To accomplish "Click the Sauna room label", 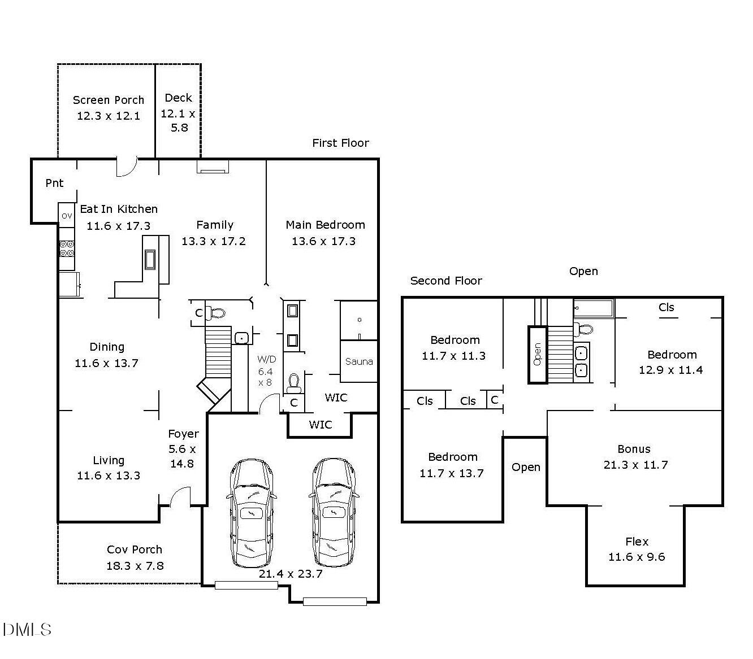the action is point(358,361).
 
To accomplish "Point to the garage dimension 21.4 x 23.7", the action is point(290,574).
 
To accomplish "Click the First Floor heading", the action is point(340,143).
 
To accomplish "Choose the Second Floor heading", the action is point(446,281).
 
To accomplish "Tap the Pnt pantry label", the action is point(54,183).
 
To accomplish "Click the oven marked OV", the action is point(67,215).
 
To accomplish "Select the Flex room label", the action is point(637,542).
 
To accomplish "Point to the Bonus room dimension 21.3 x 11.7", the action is point(635,465).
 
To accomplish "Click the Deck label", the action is point(179,98).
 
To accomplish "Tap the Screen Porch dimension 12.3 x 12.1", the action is point(109,116).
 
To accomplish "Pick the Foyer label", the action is point(183,434).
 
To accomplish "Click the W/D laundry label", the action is point(266,359).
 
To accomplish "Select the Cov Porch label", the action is point(134,549).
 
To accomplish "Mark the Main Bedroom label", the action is point(325,225).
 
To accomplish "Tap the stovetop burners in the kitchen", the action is point(67,248).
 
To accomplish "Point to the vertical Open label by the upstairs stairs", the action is point(537,354).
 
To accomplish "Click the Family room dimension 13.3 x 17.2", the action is point(213,241).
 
